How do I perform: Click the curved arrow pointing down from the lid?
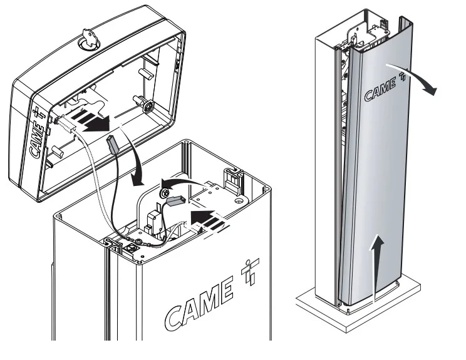138,163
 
